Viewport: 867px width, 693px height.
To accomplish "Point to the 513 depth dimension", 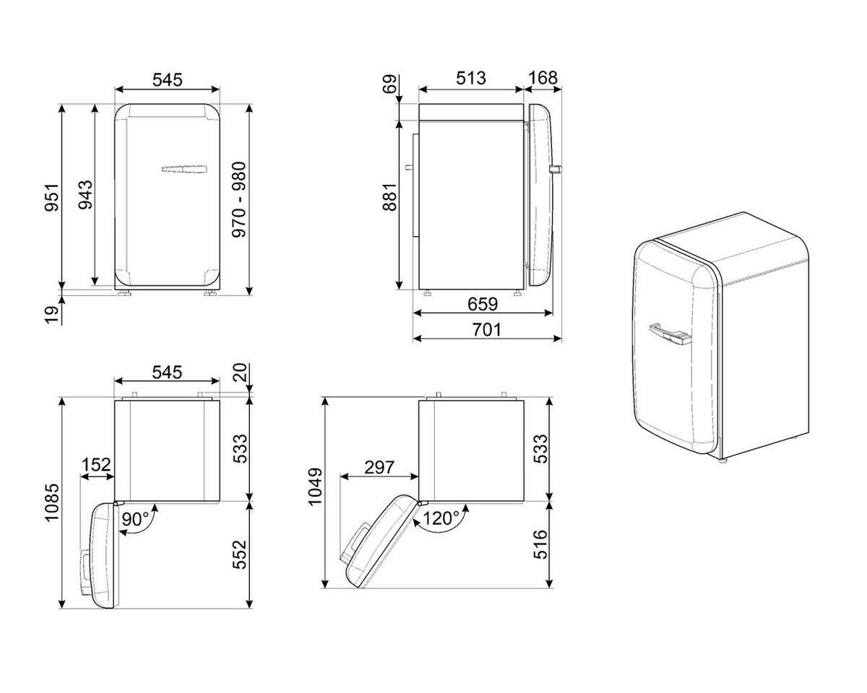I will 470,78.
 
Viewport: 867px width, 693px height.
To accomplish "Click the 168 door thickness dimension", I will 543,78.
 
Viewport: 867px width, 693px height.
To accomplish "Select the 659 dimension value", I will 483,304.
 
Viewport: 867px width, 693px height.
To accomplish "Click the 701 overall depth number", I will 487,330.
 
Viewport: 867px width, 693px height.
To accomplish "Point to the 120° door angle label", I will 441,518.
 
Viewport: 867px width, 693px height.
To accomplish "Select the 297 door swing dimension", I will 379,467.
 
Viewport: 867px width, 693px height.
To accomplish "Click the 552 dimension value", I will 239,554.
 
